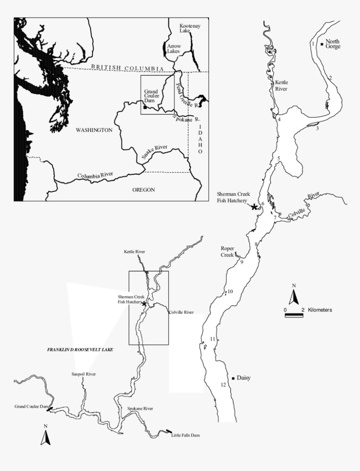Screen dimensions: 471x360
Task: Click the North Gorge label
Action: (333, 44)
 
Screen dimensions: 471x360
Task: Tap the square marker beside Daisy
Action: (233, 378)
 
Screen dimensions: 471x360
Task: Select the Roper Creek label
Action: (227, 251)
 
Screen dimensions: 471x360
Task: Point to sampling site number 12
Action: (223, 385)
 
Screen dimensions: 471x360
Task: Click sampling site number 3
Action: (317, 128)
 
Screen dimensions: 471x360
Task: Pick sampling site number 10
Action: (230, 291)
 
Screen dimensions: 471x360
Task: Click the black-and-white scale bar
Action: (294, 315)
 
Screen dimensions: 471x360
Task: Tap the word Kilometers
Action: (320, 310)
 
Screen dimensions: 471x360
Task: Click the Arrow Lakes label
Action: (173, 48)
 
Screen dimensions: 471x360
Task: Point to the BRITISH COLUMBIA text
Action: (127, 68)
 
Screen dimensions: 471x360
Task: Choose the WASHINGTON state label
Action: (94, 130)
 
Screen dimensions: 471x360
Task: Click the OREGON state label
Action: (143, 189)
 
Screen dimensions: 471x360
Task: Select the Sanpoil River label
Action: (84, 374)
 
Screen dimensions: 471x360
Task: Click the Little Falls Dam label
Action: (185, 435)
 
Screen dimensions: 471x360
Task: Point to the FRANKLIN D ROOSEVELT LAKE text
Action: (80, 349)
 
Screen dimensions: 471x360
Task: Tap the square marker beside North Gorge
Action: (321, 44)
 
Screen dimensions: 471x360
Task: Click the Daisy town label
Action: (243, 378)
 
